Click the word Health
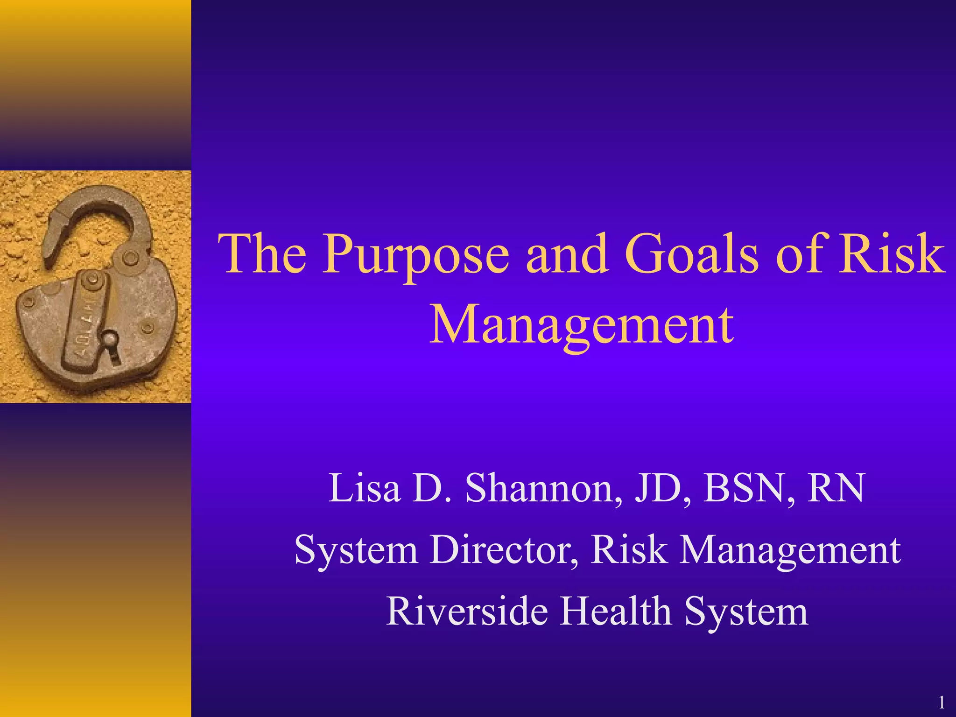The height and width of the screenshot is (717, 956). (x=615, y=611)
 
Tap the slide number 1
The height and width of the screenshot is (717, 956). (x=942, y=703)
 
